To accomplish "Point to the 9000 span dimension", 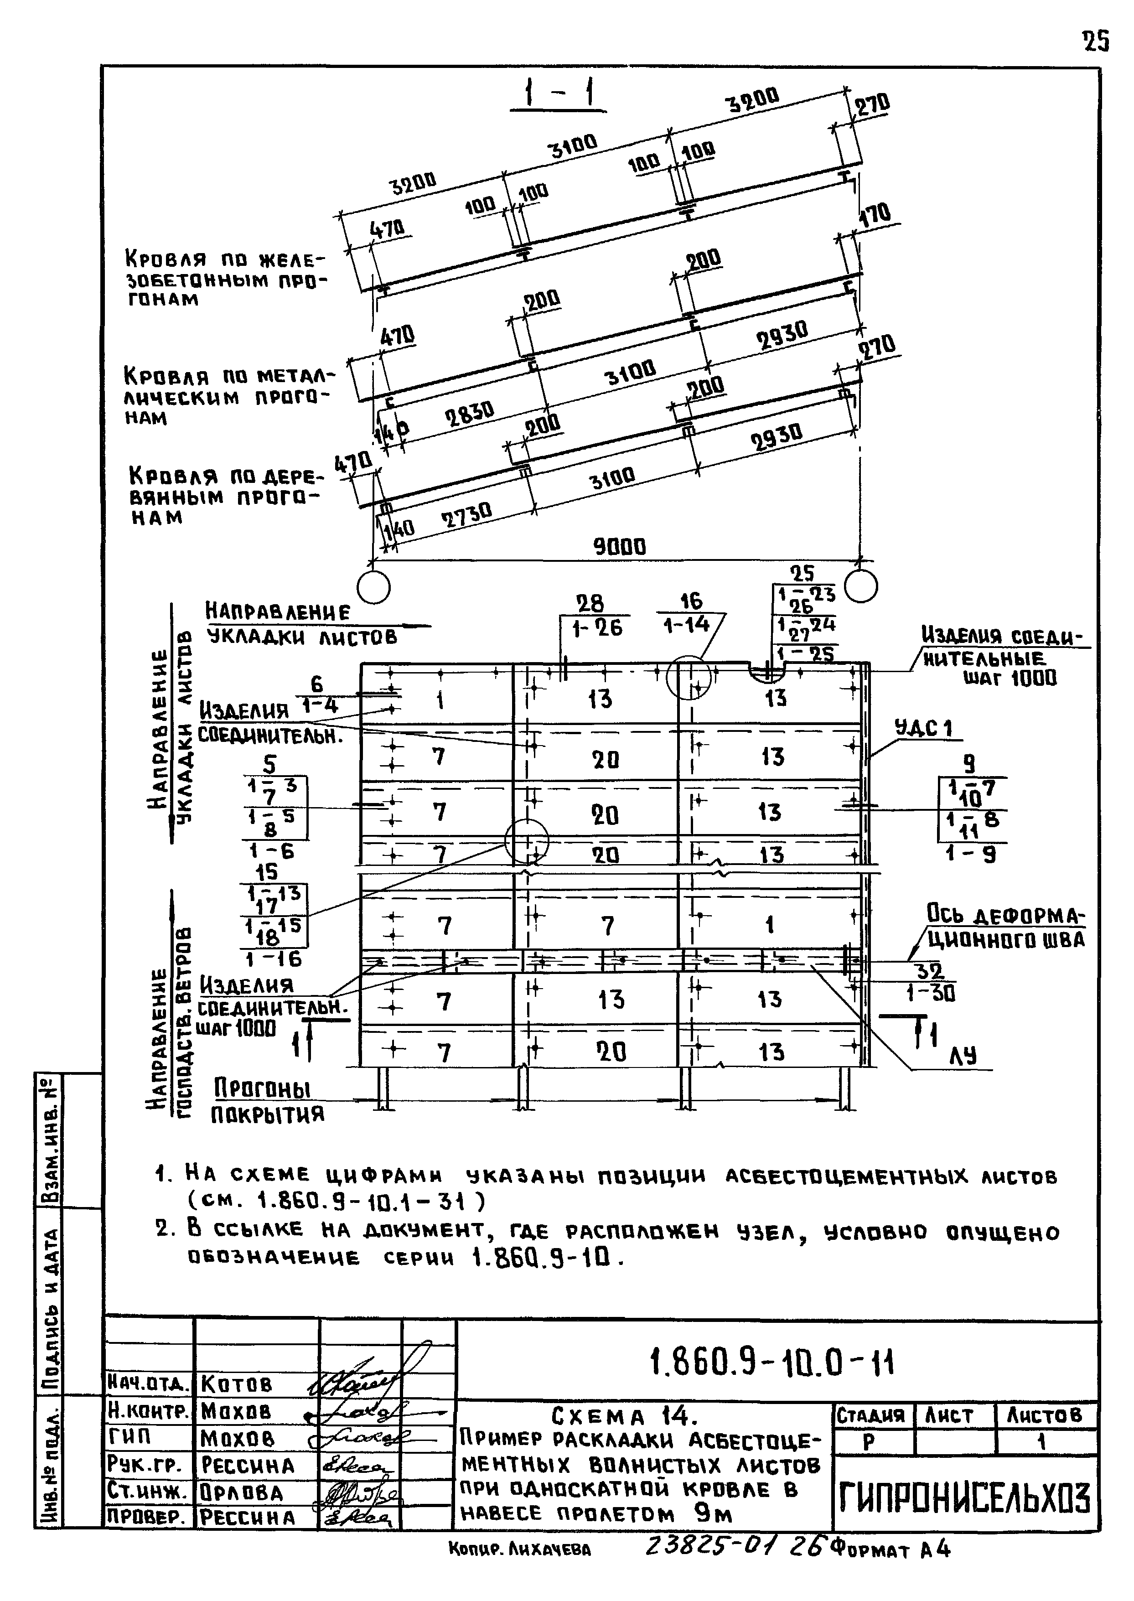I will point(619,546).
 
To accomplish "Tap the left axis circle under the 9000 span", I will point(373,586).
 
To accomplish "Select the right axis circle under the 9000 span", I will point(860,586).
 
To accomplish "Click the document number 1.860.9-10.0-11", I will point(772,1362).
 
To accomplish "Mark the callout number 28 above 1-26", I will point(590,603).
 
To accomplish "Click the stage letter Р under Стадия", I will point(869,1443).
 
